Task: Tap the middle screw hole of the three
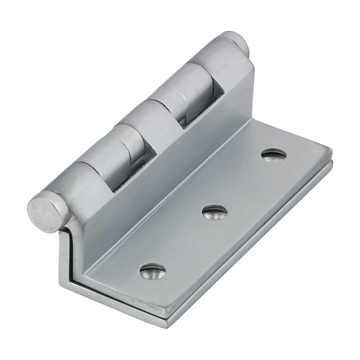coord(215,212)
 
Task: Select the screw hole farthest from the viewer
coord(273,155)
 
